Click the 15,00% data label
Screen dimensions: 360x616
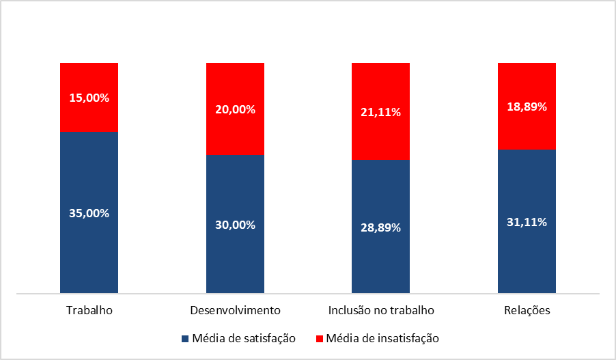89,98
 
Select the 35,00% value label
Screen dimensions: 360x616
89,212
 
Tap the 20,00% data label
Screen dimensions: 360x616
235,109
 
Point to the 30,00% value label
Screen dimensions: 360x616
235,225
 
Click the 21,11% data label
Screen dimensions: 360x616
380,112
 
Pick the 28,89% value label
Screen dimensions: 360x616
380,227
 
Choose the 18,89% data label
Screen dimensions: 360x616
527,107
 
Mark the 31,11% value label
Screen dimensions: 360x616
527,222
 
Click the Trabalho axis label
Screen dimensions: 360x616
89,311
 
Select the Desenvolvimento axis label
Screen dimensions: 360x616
235,311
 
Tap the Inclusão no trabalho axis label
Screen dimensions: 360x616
380,311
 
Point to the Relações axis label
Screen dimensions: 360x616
527,311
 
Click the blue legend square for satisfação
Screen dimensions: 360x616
185,338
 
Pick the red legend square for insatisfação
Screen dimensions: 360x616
319,338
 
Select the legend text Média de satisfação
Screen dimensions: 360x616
243,338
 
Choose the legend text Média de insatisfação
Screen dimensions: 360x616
382,338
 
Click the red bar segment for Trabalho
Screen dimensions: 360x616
89,79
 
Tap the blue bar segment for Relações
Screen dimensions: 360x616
527,260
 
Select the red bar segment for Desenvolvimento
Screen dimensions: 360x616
235,137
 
